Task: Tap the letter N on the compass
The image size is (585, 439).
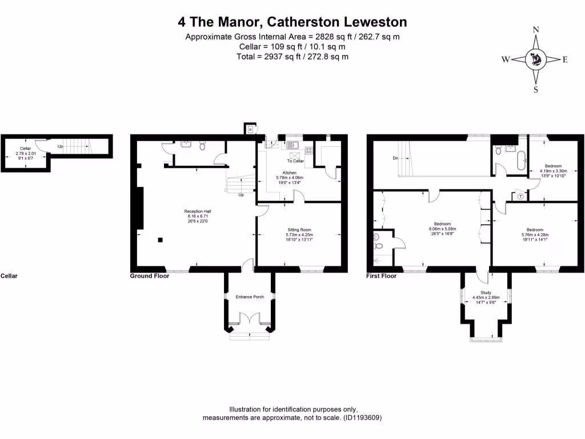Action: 536,30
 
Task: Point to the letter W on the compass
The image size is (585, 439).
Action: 506,59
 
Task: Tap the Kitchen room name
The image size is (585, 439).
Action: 290,173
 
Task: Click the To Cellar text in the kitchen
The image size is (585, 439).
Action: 295,161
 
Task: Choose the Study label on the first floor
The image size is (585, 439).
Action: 486,292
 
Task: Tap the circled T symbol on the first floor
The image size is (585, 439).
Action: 520,196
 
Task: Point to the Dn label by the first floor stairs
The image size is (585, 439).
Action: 394,158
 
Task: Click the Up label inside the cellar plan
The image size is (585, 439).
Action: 60,146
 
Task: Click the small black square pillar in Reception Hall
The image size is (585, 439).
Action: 161,240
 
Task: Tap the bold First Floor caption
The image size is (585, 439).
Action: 381,276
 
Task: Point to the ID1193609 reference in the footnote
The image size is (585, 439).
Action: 362,418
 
